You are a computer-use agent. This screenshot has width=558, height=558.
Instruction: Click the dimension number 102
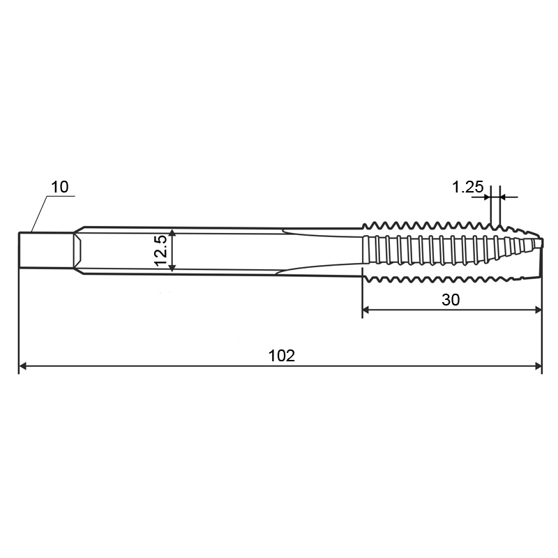pyautogui.click(x=282, y=356)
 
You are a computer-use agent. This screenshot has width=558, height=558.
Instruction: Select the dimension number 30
pyautogui.click(x=451, y=300)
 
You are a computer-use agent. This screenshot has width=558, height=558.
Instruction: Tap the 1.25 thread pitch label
pyautogui.click(x=467, y=187)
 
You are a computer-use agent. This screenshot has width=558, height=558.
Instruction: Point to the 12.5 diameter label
pyautogui.click(x=161, y=250)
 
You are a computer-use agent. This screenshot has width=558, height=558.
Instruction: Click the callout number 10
pyautogui.click(x=59, y=187)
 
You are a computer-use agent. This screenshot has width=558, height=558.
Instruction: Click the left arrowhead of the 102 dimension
pyautogui.click(x=22, y=365)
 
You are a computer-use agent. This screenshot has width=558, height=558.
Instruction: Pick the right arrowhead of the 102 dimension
pyautogui.click(x=538, y=365)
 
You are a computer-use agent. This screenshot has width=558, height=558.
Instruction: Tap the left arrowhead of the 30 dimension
pyautogui.click(x=365, y=310)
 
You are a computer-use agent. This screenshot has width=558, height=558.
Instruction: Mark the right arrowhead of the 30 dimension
pyautogui.click(x=538, y=310)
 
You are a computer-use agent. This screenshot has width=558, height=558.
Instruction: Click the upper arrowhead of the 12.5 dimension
pyautogui.click(x=172, y=233)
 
